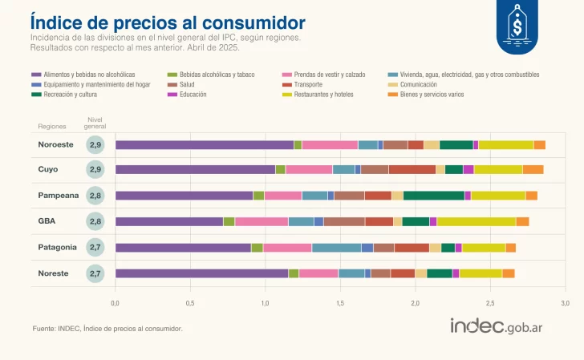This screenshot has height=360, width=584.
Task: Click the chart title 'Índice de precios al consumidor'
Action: [167, 22]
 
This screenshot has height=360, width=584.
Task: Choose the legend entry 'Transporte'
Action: [309, 84]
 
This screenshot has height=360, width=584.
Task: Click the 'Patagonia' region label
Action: [58, 247]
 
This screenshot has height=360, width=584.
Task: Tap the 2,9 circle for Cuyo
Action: [95, 169]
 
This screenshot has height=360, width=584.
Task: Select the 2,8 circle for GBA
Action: [95, 221]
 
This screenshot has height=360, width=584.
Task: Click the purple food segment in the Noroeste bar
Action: [204, 144]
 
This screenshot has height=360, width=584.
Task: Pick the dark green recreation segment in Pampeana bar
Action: [433, 196]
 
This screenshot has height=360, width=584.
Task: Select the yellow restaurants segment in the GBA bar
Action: [476, 221]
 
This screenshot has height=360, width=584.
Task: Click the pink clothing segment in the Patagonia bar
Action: [287, 247]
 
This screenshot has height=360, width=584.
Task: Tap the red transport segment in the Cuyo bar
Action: [412, 169]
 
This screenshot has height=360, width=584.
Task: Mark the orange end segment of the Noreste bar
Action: [508, 273]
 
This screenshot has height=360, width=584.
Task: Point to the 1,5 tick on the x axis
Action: [340, 303]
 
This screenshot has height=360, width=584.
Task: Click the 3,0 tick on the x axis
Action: [565, 303]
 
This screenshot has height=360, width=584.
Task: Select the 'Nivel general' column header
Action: [95, 122]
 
